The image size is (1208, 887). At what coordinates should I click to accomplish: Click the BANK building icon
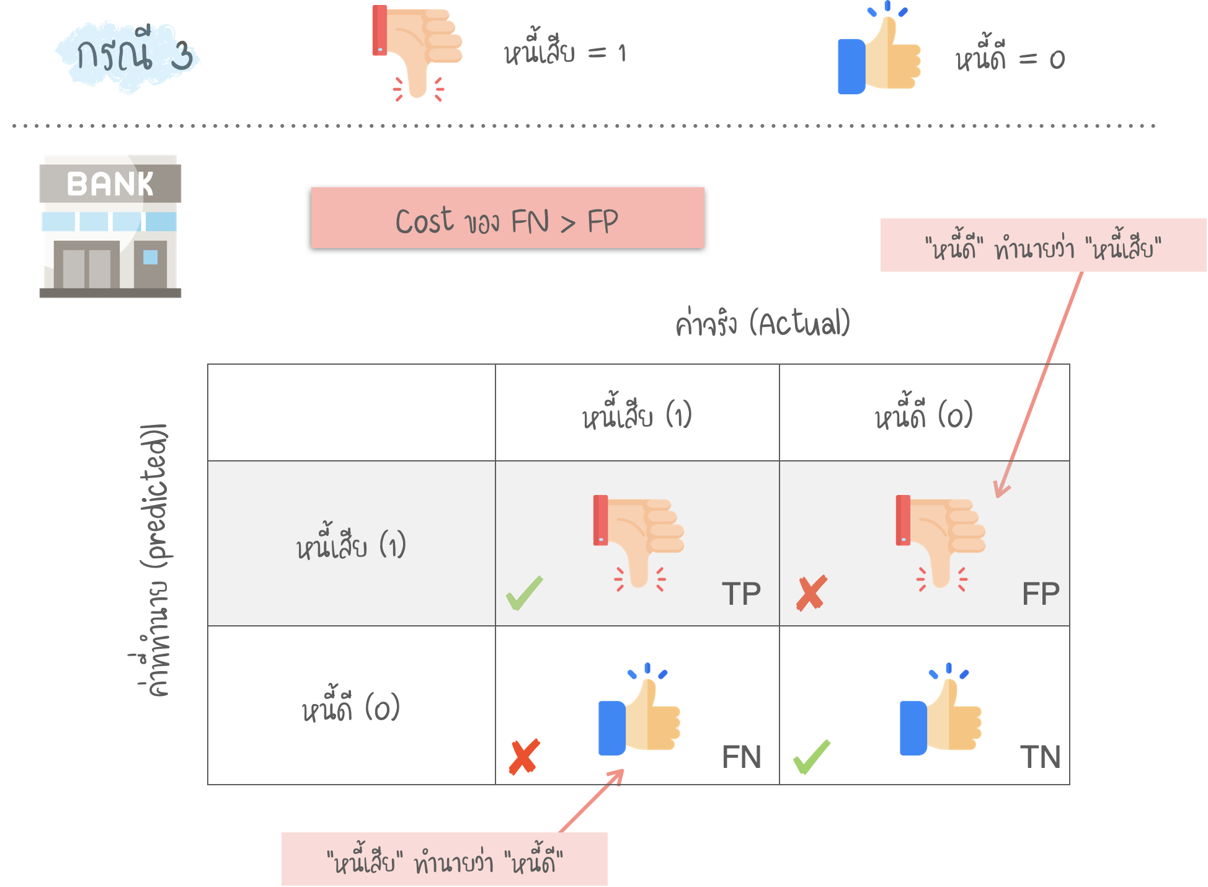(x=110, y=226)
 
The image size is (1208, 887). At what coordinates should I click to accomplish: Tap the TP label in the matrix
(x=741, y=594)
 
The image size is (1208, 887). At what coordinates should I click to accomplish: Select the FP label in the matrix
(x=1041, y=594)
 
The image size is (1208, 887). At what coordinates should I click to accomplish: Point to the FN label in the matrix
(x=741, y=757)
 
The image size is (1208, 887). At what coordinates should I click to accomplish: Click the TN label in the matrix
(x=1041, y=757)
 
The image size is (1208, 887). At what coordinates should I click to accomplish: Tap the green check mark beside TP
(x=524, y=593)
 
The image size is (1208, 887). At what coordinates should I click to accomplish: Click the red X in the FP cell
(x=811, y=593)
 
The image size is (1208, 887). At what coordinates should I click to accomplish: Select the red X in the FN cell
(x=524, y=757)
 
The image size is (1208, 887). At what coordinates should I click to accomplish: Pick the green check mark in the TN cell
(x=811, y=757)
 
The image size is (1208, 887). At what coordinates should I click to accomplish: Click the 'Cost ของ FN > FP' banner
(x=507, y=218)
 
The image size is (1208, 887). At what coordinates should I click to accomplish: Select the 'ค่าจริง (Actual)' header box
(x=763, y=321)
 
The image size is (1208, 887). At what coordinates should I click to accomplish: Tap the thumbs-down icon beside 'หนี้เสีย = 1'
(x=417, y=53)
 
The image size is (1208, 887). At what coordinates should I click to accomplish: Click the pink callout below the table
(x=444, y=859)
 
